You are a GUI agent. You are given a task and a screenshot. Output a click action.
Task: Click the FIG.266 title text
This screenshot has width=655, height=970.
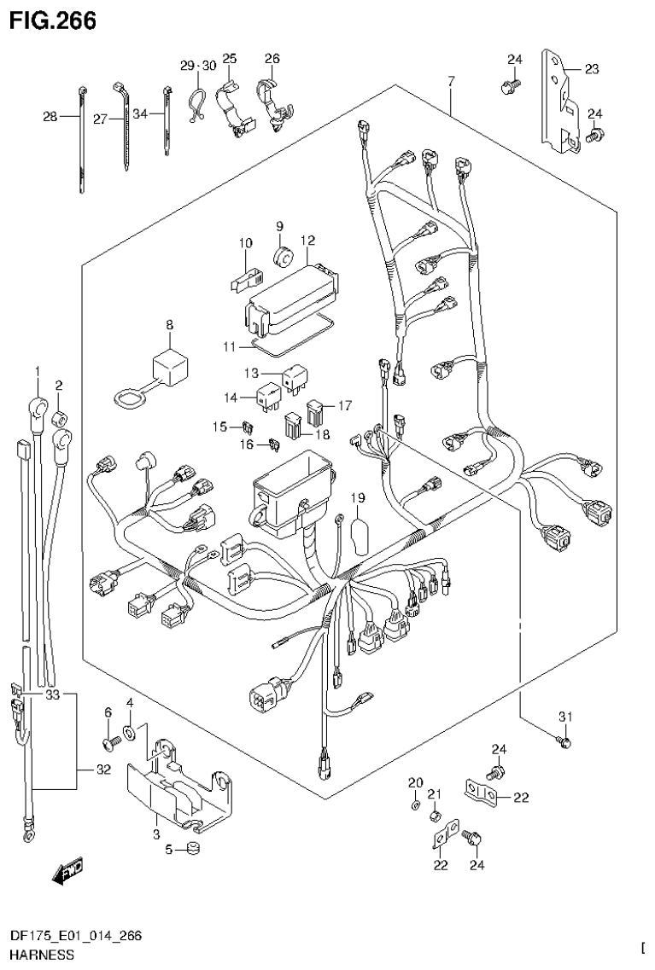pos(50,19)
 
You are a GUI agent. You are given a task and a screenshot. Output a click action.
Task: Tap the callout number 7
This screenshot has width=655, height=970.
pos(452,81)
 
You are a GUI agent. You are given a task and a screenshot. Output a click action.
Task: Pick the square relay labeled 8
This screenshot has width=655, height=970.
pos(168,367)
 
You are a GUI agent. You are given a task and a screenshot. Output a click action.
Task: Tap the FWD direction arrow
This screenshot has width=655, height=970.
pos(67,870)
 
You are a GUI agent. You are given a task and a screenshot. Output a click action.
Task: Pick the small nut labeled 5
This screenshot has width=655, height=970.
pos(193,849)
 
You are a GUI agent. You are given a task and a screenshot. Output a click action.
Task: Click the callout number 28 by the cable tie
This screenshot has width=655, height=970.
pos(50,118)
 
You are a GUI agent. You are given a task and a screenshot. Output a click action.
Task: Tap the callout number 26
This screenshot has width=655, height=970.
pos(272,59)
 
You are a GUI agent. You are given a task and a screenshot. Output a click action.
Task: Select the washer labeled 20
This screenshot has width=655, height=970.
pos(414,804)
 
